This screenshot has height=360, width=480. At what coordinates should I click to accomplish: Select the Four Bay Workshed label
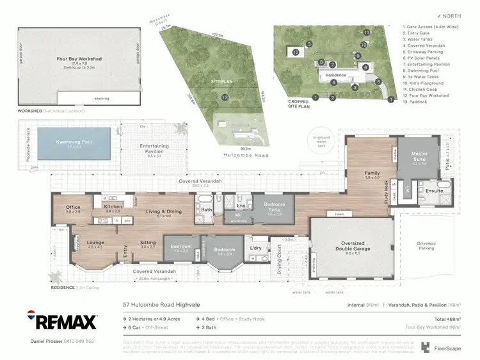click(79, 59)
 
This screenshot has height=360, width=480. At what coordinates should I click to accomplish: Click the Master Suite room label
click(419, 156)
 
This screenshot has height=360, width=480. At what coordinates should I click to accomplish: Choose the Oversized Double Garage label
click(353, 245)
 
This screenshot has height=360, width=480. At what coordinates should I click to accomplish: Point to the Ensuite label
click(434, 190)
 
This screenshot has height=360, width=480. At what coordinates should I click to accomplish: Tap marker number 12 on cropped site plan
click(296, 52)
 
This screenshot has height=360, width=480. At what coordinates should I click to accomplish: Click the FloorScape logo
click(435, 347)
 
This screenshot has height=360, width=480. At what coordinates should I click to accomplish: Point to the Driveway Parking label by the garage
click(426, 245)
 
